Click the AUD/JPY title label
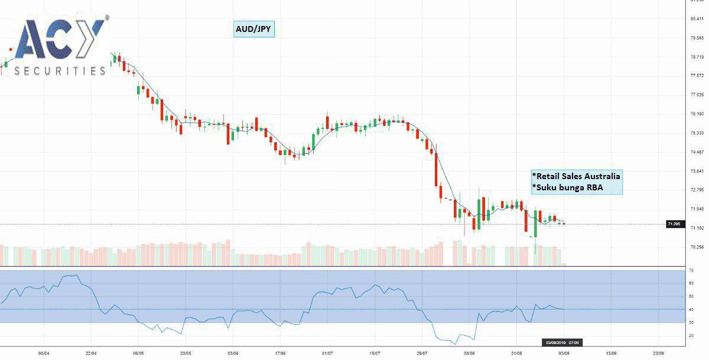pos(253,29)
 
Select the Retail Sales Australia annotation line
pos(577,176)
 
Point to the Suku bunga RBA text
pos(563,187)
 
